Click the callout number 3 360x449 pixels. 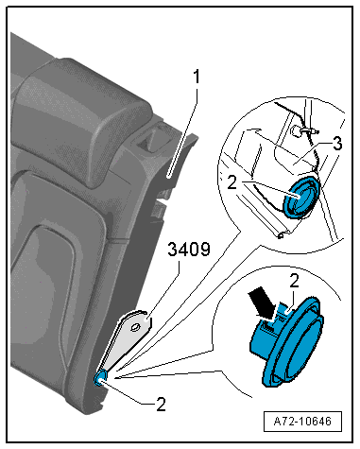[x=337, y=144]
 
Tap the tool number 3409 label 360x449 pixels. [x=189, y=250]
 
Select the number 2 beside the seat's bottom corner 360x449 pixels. [x=161, y=404]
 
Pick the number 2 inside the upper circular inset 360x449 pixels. [x=231, y=182]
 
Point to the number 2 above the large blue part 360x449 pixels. [x=294, y=282]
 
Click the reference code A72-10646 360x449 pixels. [x=302, y=422]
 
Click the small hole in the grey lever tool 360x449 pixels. [x=135, y=327]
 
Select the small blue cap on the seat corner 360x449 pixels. [x=101, y=377]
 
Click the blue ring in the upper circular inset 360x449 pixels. [x=300, y=198]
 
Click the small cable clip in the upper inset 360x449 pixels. [x=303, y=130]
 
